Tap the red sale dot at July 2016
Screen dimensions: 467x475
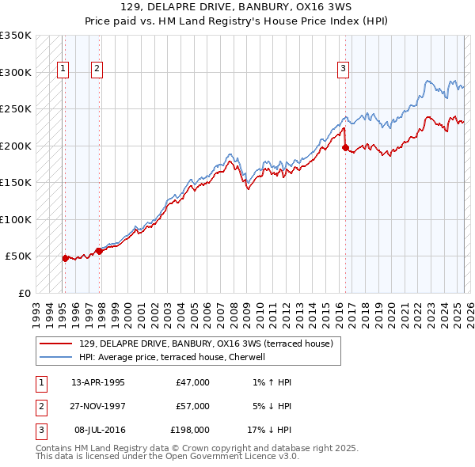click(x=345, y=147)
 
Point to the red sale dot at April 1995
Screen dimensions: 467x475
click(x=65, y=257)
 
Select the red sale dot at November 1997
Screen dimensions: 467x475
click(x=99, y=251)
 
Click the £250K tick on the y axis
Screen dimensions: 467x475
click(x=16, y=109)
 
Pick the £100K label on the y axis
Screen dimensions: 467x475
click(x=16, y=219)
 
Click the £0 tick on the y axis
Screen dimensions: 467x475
click(x=23, y=293)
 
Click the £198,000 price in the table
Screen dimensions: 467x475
click(x=190, y=430)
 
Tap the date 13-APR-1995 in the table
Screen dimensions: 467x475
click(x=98, y=382)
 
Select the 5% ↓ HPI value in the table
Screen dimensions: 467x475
click(x=269, y=406)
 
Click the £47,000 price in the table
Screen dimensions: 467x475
click(x=192, y=382)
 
